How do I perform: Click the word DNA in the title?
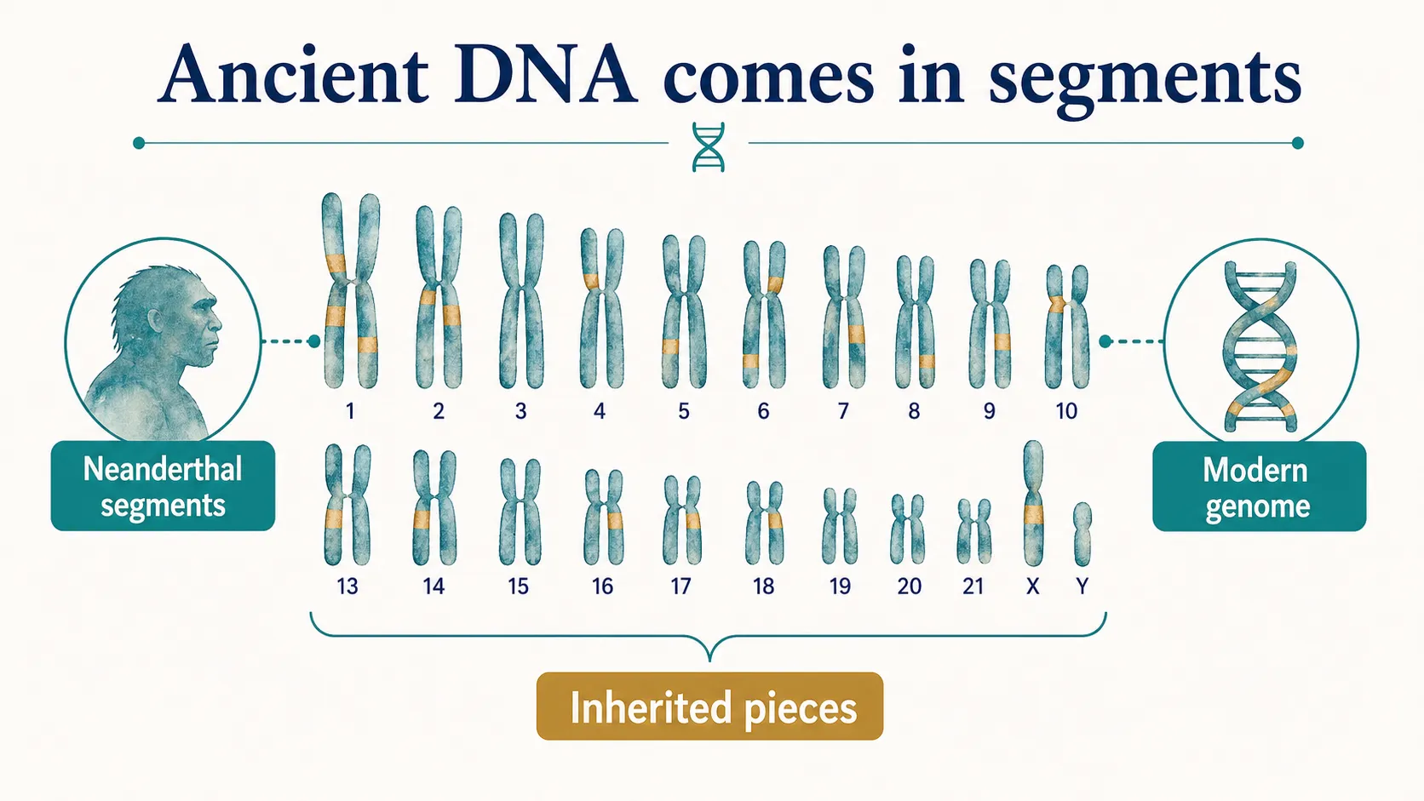(x=545, y=77)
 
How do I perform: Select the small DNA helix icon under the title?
(x=709, y=146)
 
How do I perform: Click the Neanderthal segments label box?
(x=163, y=486)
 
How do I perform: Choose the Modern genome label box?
(x=1258, y=487)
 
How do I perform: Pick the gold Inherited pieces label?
(x=709, y=707)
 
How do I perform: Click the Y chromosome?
(x=1082, y=534)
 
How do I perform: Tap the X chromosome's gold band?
(x=1033, y=514)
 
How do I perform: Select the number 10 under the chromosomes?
(x=1066, y=412)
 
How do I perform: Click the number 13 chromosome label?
(x=347, y=586)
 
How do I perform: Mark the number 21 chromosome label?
(x=973, y=586)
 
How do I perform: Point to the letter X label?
(x=1032, y=586)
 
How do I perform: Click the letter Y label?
(x=1082, y=586)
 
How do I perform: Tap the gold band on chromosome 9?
(x=1002, y=343)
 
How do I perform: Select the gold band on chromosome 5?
(x=670, y=347)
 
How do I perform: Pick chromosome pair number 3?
(x=521, y=302)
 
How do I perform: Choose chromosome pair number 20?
(x=908, y=529)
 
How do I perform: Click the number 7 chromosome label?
(x=843, y=412)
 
